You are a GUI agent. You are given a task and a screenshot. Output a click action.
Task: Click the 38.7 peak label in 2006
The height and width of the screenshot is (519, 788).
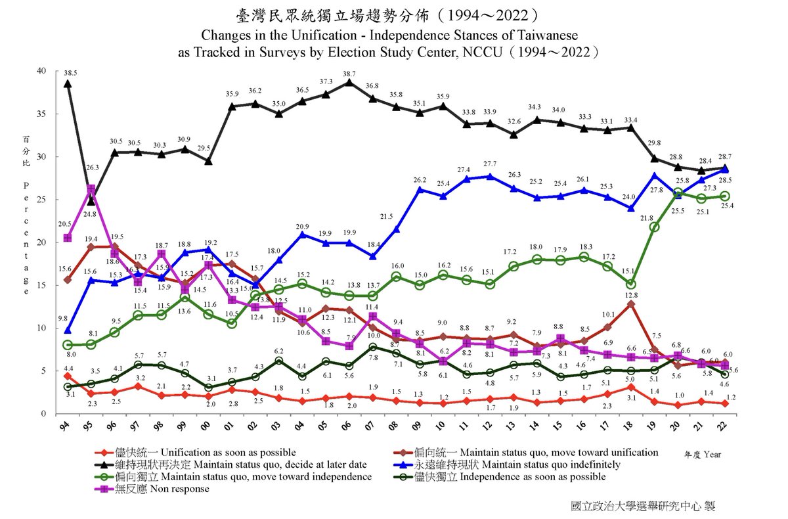click(349, 74)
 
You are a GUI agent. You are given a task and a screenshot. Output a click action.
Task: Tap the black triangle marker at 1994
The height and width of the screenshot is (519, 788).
click(68, 83)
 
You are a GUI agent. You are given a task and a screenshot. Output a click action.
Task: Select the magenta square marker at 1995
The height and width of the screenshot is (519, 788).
click(91, 189)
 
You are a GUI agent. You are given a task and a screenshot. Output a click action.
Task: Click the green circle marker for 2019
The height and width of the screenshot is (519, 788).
click(654, 227)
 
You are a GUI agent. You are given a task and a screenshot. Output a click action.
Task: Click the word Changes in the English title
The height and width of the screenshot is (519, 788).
click(225, 34)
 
